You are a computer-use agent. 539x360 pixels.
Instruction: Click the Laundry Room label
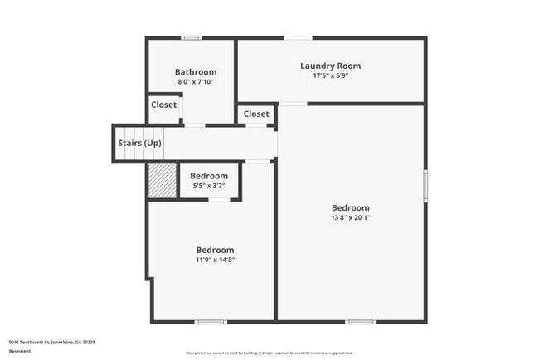pyautogui.click(x=330, y=66)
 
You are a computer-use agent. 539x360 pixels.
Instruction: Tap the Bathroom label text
pyautogui.click(x=196, y=72)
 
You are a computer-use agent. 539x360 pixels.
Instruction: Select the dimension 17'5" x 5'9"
pyautogui.click(x=330, y=75)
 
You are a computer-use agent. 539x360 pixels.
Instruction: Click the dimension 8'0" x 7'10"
pyautogui.click(x=196, y=82)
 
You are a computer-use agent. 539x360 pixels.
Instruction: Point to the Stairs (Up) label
pyautogui.click(x=139, y=143)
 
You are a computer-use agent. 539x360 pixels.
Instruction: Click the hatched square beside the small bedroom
pyautogui.click(x=162, y=181)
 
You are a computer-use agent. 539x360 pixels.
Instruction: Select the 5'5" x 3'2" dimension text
pyautogui.click(x=209, y=186)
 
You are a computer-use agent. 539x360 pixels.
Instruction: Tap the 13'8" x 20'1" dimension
pyautogui.click(x=350, y=218)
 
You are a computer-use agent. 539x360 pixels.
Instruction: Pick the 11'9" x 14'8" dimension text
pyautogui.click(x=215, y=260)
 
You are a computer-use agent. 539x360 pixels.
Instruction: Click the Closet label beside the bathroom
pyautogui.click(x=163, y=105)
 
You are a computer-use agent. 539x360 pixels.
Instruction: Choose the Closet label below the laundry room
pyautogui.click(x=256, y=114)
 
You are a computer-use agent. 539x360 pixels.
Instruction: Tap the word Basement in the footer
pyautogui.click(x=20, y=351)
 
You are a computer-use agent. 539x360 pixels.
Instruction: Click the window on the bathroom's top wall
pyautogui.click(x=192, y=37)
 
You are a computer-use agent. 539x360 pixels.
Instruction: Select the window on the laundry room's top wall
pyautogui.click(x=299, y=37)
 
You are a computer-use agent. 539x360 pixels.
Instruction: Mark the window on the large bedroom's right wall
pyautogui.click(x=425, y=184)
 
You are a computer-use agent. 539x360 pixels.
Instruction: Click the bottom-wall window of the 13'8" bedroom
pyautogui.click(x=361, y=321)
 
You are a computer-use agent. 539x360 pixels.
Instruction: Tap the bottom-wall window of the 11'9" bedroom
pyautogui.click(x=211, y=321)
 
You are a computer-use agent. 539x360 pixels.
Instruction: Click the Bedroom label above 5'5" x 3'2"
pyautogui.click(x=209, y=176)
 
